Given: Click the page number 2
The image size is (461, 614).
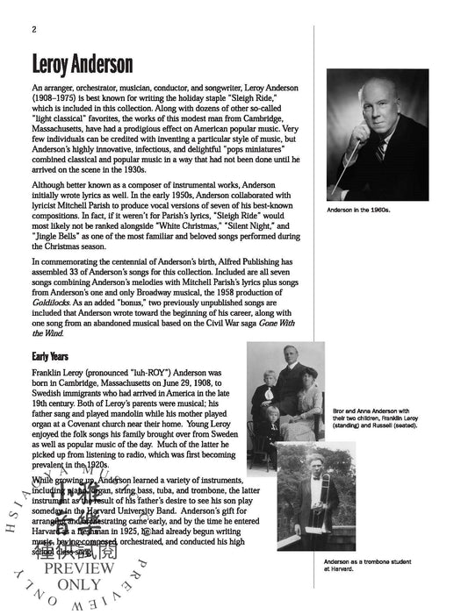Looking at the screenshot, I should pos(32,28).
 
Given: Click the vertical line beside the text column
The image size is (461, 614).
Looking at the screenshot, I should pos(314,307).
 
